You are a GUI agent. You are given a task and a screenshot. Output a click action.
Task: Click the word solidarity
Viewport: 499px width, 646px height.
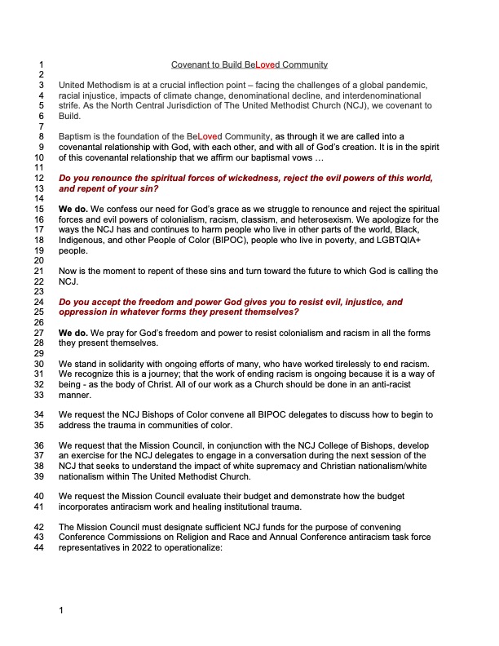(x=128, y=362)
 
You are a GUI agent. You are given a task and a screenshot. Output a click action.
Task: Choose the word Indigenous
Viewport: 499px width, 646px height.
(x=84, y=241)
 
